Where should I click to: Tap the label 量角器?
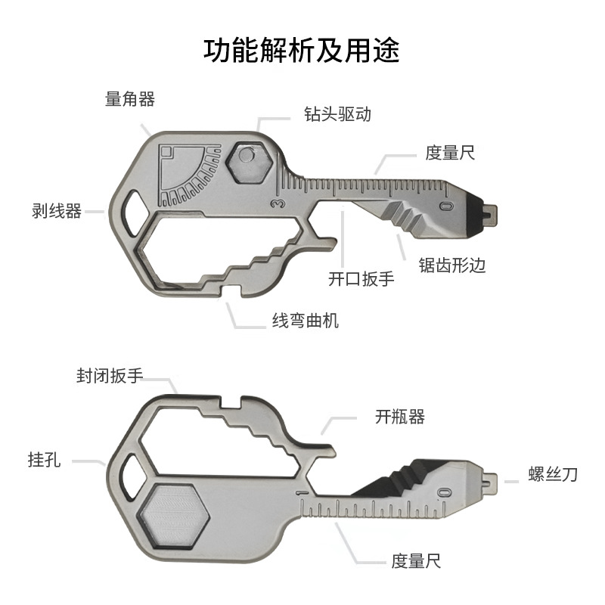tap(130, 99)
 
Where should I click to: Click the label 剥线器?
tap(57, 211)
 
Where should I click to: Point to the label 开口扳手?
tap(361, 278)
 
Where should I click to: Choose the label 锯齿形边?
tap(451, 265)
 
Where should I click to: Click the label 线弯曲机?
tap(306, 320)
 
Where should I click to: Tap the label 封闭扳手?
tap(109, 376)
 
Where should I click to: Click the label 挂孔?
tap(45, 459)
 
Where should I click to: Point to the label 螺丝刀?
tap(553, 475)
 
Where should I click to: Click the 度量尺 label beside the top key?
tap(450, 153)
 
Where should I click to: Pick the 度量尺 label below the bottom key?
tap(416, 560)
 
